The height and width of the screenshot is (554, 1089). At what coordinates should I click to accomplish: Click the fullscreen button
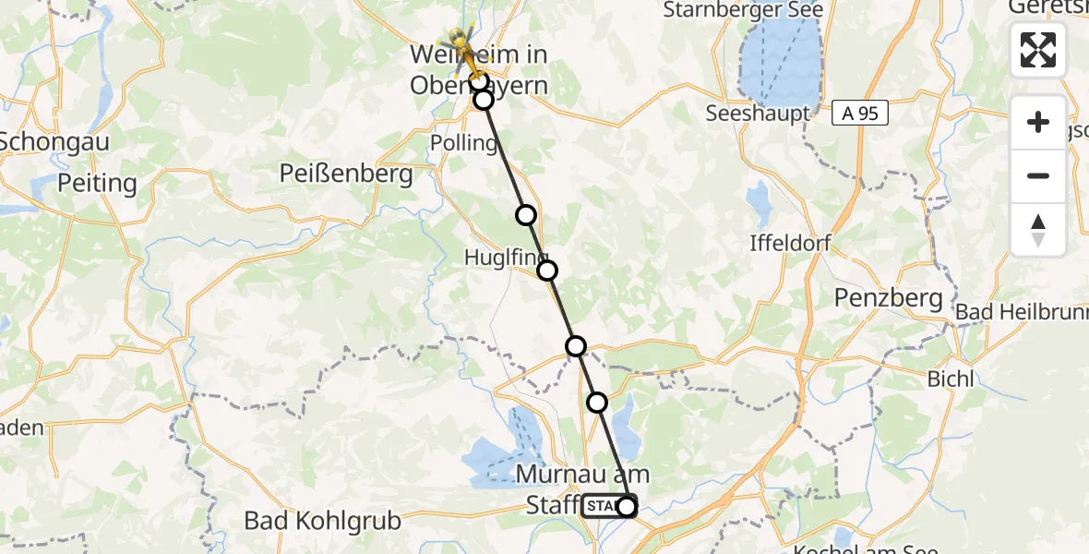pos(1038,49)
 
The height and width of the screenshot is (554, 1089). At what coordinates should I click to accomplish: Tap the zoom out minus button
pos(1038,175)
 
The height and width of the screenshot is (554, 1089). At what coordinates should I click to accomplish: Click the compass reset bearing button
pos(1038,230)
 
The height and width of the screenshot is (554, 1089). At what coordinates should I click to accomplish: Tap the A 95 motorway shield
pos(859,114)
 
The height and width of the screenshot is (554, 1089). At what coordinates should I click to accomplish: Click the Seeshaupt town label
pos(757,114)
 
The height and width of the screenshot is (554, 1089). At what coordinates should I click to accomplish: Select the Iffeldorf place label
pos(791,244)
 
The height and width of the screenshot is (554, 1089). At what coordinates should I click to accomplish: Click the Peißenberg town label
pos(347,173)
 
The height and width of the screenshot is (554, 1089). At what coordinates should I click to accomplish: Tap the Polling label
pos(463,142)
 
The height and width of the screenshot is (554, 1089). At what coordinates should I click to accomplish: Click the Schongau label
pos(54,141)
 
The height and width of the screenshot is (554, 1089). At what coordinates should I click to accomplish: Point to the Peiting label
pos(97,183)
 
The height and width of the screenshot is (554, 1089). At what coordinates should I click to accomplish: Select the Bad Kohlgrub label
pos(323,521)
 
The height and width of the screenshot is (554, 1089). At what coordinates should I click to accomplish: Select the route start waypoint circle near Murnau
pos(627,506)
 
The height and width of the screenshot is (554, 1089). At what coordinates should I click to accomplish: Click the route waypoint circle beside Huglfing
pos(547,271)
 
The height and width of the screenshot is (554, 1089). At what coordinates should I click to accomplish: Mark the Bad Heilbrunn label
pos(1020,311)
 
